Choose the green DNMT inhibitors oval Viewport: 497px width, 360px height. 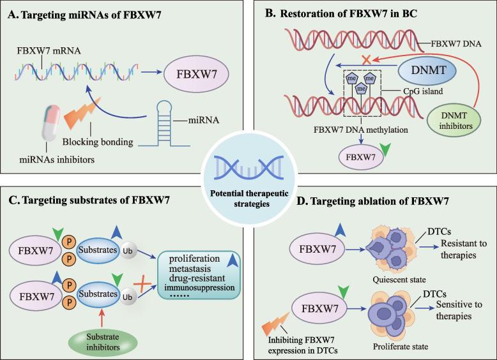[458, 121]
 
